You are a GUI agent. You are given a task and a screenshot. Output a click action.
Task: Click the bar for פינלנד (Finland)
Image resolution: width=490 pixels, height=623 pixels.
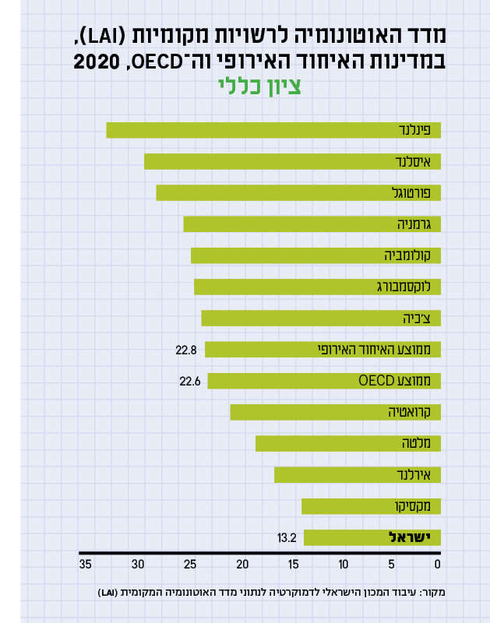273,131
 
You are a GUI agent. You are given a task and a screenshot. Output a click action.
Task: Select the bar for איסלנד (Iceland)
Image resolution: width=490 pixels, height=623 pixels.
292,162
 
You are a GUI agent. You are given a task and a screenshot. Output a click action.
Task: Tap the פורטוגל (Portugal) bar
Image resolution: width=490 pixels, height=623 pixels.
298,193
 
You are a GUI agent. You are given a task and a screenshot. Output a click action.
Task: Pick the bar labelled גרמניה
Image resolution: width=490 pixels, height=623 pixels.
312,224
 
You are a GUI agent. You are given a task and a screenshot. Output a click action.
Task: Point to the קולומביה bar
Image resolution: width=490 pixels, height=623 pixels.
316,255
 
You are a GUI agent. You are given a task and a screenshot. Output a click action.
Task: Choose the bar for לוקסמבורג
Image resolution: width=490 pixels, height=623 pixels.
317,287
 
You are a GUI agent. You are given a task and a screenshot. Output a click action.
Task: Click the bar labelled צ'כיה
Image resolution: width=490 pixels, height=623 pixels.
321,318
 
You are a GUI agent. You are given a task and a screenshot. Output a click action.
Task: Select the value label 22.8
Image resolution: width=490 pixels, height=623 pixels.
186,350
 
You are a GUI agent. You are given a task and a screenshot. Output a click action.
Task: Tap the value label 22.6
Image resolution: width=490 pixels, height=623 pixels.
190,381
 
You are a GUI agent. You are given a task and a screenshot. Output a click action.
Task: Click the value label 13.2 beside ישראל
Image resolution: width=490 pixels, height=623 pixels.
287,537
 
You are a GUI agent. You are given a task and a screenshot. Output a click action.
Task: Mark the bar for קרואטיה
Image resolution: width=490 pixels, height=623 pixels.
335,412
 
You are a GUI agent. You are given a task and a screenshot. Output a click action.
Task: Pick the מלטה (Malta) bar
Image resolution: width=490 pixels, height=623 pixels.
348,443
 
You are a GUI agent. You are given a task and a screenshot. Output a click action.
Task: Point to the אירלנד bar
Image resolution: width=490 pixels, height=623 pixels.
358,474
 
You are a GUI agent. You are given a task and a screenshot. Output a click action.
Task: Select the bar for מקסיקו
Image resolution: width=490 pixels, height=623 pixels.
371,506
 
